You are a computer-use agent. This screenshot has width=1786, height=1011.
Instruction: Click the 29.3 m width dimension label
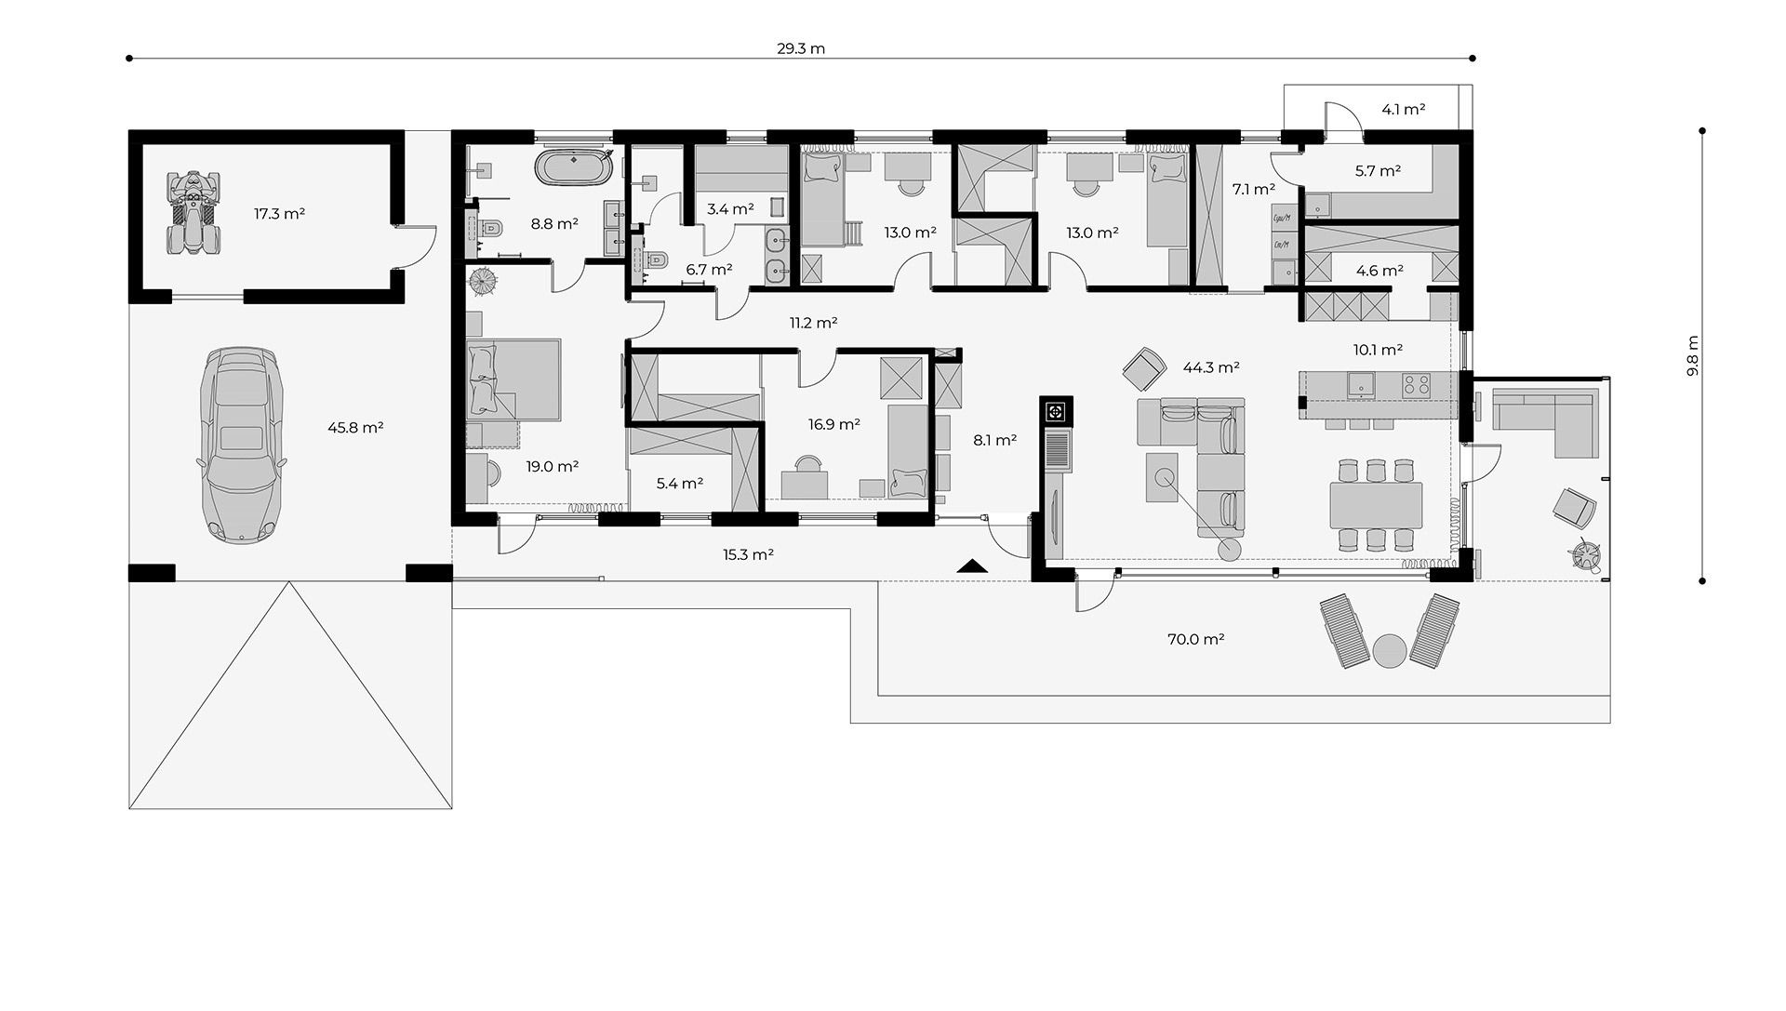pyautogui.click(x=801, y=49)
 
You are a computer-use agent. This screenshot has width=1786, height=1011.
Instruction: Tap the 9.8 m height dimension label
pyautogui.click(x=1692, y=355)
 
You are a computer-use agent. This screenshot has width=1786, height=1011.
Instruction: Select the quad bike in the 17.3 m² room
pyautogui.click(x=193, y=213)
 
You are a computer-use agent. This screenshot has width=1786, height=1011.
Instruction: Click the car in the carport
pyautogui.click(x=241, y=446)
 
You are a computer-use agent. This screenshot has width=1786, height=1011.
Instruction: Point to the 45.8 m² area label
pyautogui.click(x=355, y=428)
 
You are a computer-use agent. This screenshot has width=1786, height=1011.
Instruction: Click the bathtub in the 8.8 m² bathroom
pyautogui.click(x=573, y=169)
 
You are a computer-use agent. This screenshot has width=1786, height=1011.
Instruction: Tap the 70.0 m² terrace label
pyautogui.click(x=1195, y=639)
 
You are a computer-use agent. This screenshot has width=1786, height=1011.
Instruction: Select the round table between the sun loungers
pyautogui.click(x=1389, y=650)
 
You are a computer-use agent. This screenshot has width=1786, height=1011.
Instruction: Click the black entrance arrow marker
pyautogui.click(x=971, y=565)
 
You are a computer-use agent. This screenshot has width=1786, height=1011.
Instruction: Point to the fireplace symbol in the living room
pyautogui.click(x=1057, y=411)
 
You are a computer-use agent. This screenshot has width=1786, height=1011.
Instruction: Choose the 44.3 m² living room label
pyautogui.click(x=1211, y=367)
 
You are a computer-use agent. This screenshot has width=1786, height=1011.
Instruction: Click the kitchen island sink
pyautogui.click(x=1360, y=383)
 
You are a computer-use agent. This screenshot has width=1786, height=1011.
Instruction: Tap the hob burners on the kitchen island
pyautogui.click(x=1417, y=383)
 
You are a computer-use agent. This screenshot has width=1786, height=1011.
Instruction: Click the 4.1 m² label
pyautogui.click(x=1404, y=109)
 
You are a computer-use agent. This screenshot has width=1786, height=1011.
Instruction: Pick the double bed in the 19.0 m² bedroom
pyautogui.click(x=514, y=379)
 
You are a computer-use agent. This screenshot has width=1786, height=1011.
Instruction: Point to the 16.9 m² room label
pyautogui.click(x=833, y=424)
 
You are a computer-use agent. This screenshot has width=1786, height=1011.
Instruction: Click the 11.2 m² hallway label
pyautogui.click(x=814, y=323)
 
